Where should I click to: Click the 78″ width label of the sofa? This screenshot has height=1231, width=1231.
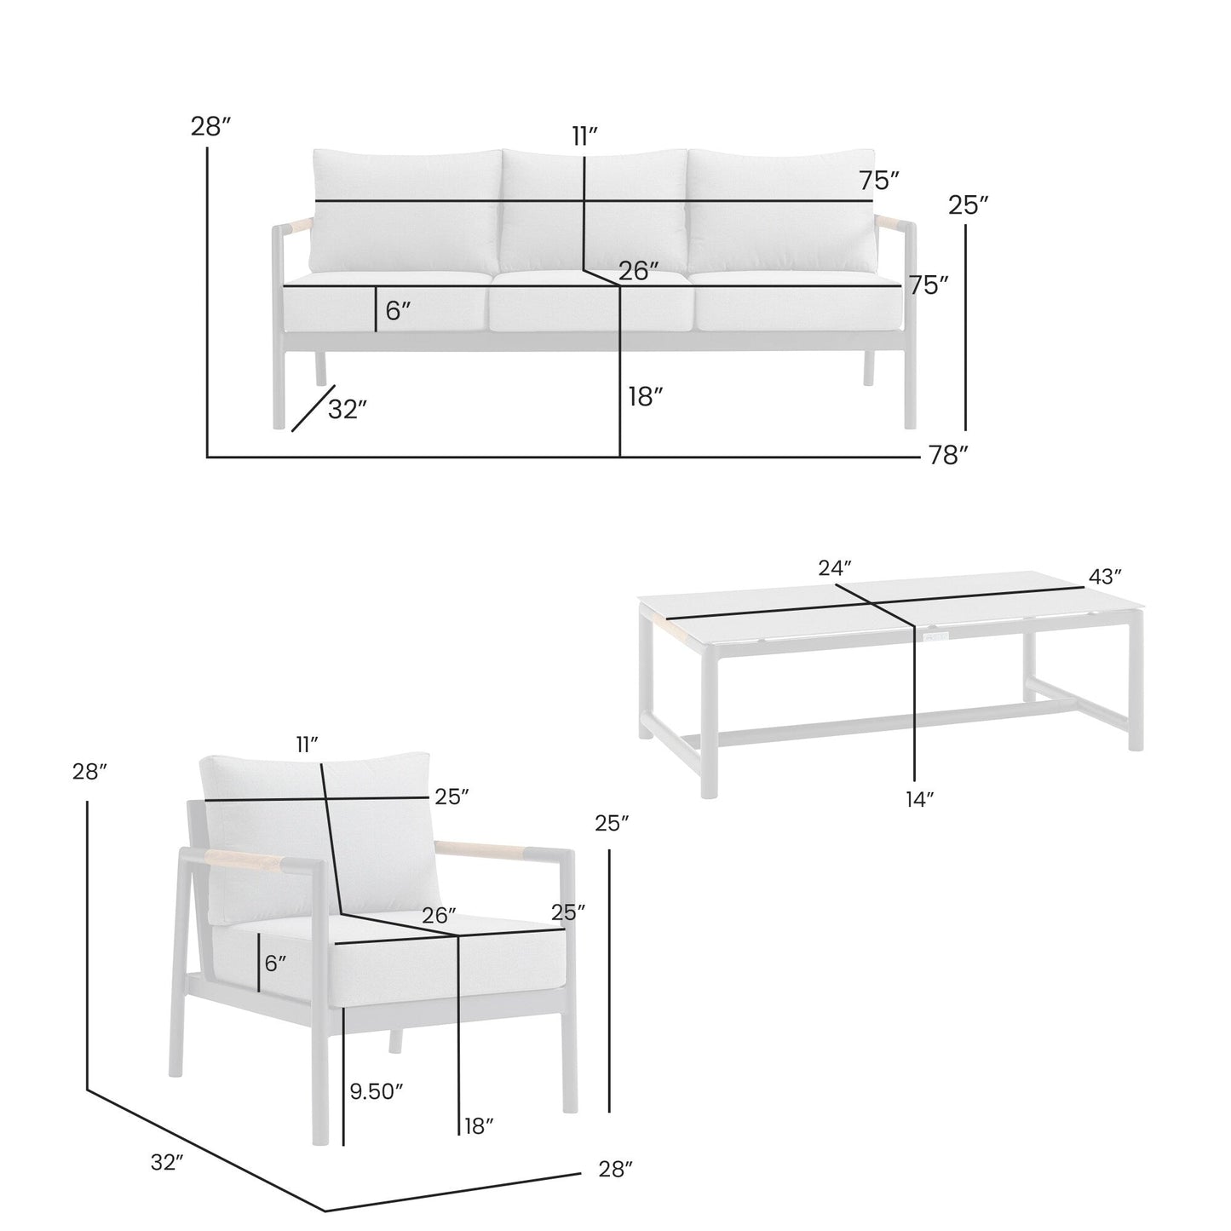pyautogui.click(x=949, y=457)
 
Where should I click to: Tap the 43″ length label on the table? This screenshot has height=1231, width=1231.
pyautogui.click(x=1105, y=577)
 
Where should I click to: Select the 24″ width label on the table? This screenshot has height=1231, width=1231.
pyautogui.click(x=835, y=568)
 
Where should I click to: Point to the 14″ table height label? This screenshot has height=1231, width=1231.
pyautogui.click(x=920, y=799)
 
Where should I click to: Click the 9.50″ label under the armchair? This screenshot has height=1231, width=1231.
pyautogui.click(x=376, y=1091)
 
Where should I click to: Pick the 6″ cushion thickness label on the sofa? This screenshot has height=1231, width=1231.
pyautogui.click(x=398, y=311)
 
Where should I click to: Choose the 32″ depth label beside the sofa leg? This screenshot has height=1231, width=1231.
pyautogui.click(x=348, y=410)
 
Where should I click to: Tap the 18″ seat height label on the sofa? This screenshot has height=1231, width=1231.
pyautogui.click(x=645, y=396)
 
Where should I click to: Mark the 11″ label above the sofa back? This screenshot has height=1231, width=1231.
pyautogui.click(x=584, y=136)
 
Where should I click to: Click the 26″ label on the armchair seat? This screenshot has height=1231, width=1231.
pyautogui.click(x=440, y=916)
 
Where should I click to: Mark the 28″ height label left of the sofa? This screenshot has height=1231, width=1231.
pyautogui.click(x=211, y=128)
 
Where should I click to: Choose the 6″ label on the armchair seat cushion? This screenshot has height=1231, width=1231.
pyautogui.click(x=275, y=964)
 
